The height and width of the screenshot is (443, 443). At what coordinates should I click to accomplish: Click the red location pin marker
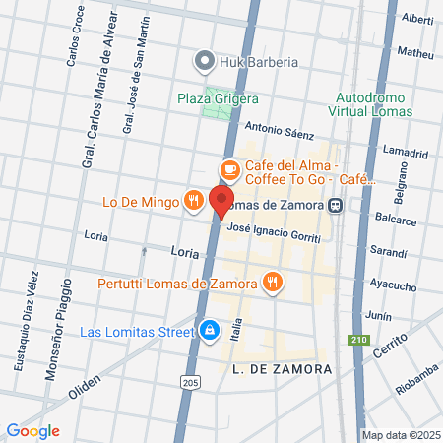pos(221,201)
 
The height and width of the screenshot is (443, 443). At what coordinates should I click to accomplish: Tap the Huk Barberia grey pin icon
pos(204,62)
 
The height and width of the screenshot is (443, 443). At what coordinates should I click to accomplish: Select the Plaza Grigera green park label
pos(218,98)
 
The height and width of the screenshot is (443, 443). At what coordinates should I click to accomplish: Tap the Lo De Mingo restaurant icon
pos(194,202)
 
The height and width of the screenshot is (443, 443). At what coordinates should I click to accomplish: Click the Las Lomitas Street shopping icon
pos(209,331)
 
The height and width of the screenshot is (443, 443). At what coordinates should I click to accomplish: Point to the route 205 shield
pos(191,381)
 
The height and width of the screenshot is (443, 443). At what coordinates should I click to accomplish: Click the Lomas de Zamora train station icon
pos(337,205)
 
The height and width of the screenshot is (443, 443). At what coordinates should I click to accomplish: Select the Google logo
pos(32,430)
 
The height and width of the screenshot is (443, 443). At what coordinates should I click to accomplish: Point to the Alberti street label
pos(417,19)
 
